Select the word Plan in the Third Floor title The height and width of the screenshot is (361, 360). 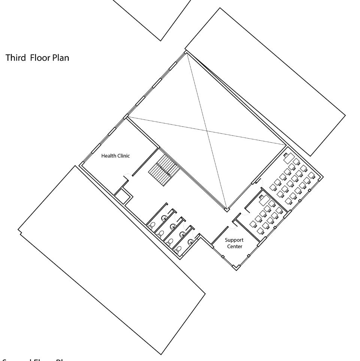tap(60, 58)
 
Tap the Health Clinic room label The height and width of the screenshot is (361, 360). tap(116, 156)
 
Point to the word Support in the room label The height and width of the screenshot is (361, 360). tap(234, 240)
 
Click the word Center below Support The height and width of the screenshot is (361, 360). tap(234, 246)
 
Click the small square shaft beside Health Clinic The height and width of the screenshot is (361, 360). tap(122, 195)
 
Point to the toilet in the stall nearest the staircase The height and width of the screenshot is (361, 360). tap(152, 225)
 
